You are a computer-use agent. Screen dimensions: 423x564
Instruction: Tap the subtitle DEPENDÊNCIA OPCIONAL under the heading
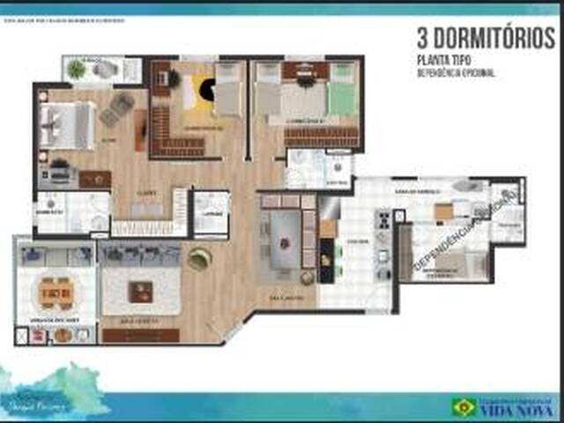pyautogui.click(x=456, y=73)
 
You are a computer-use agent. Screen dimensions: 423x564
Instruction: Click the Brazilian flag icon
pyautogui.click(x=464, y=407)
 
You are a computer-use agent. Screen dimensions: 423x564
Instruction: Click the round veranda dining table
pyautogui.click(x=55, y=292)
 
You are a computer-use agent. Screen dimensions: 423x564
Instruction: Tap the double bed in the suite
pyautogui.click(x=69, y=123)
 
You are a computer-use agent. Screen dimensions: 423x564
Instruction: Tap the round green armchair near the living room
pyautogui.click(x=199, y=257)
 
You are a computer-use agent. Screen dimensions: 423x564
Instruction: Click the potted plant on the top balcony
pyautogui.click(x=77, y=69)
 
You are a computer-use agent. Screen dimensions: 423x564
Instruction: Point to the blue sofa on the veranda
pyautogui.click(x=55, y=256)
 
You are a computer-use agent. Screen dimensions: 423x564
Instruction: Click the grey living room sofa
pyautogui.click(x=140, y=256)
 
